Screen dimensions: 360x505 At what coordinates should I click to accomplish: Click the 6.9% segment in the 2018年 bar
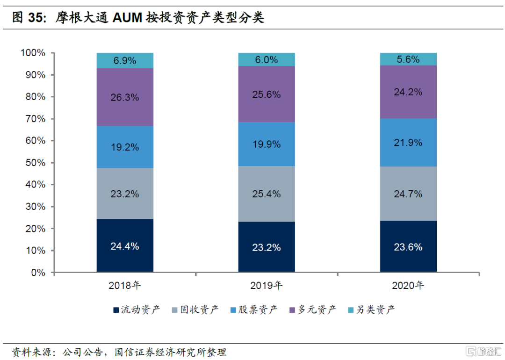tap(125, 60)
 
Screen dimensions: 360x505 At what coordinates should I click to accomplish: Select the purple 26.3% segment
tap(125, 97)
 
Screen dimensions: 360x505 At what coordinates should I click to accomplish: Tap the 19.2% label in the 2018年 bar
tap(125, 147)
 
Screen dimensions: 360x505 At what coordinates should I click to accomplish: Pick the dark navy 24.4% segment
tap(125, 246)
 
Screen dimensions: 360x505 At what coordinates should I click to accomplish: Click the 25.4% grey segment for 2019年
tap(266, 194)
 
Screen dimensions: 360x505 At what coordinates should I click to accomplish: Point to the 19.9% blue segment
tap(266, 144)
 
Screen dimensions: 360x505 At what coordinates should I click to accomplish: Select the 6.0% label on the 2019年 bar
tap(266, 60)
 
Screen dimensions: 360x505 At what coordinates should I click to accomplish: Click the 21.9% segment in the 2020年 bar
tap(408, 143)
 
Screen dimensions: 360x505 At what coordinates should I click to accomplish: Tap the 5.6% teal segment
tap(408, 59)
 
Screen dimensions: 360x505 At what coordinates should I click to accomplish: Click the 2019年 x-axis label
tap(266, 286)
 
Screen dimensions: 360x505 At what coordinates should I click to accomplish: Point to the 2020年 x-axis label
tap(408, 286)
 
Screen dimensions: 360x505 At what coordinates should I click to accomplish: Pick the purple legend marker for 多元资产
tap(293, 310)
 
